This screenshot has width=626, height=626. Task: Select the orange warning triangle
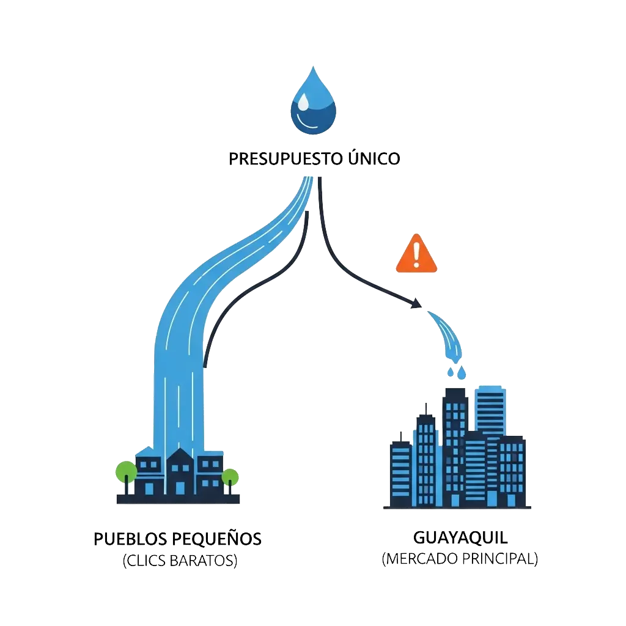pos(416,254)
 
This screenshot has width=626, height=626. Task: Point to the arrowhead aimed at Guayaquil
pos(416,303)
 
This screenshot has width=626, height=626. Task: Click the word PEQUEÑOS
pos(217,539)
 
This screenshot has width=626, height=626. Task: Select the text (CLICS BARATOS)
pos(180,561)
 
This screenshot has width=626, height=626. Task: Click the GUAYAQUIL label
pos(460,538)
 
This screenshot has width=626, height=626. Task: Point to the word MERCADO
pos(421,559)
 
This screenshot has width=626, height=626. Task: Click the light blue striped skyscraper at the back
pos(490,411)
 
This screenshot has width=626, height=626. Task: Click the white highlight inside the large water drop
pos(303,101)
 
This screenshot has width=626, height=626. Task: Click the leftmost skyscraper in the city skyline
pos(401,473)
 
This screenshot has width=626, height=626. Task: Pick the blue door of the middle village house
pos(180,488)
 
